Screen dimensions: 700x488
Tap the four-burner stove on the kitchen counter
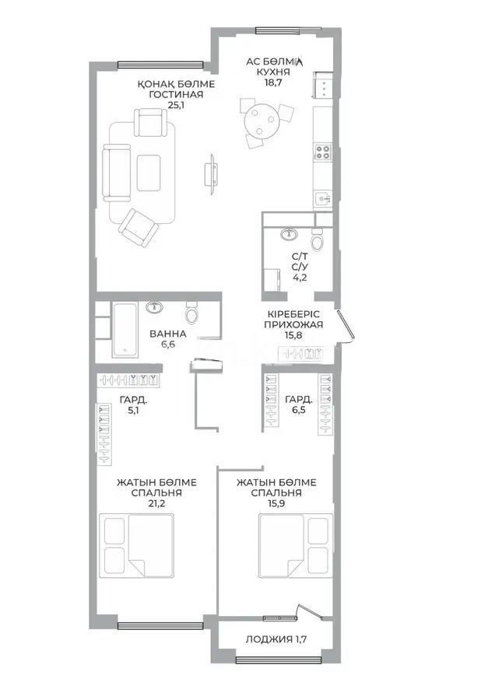323,152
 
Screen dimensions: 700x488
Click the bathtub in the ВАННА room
125,330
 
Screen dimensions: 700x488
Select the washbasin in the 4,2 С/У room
290,233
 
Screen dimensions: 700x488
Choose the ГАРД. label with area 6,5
299,400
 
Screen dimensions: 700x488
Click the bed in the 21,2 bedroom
136,544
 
